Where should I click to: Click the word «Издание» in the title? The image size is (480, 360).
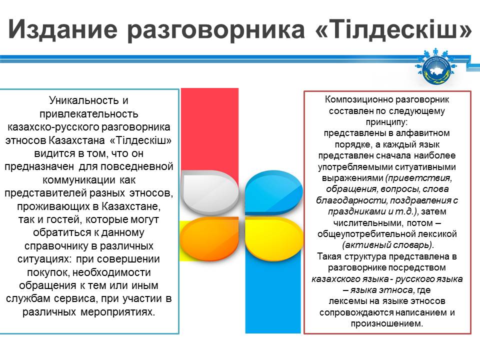point(63,29)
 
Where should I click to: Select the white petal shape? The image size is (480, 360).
point(209,192)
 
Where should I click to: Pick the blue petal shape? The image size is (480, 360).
point(273,192)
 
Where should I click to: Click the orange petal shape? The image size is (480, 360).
point(209,239)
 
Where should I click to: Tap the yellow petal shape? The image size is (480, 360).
point(274,239)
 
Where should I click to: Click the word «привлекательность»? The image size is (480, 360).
point(89,114)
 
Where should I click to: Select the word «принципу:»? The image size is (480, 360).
point(387,122)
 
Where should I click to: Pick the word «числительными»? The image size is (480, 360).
point(368,223)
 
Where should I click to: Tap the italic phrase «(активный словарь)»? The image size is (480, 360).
point(388,245)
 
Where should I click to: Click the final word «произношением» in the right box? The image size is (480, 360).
point(387,323)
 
